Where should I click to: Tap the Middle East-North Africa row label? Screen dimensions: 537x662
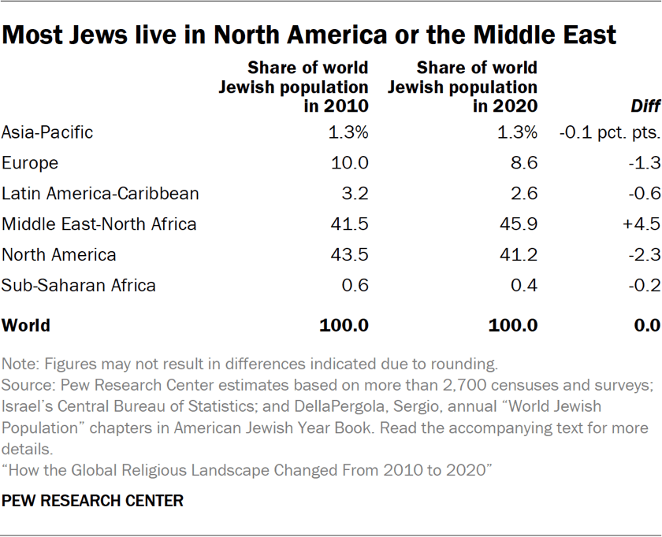[x=99, y=224]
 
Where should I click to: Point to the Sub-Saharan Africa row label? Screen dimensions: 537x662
[x=79, y=286]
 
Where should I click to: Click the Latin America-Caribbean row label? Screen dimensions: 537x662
[x=100, y=194]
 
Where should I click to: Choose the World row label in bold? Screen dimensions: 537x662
[x=26, y=325]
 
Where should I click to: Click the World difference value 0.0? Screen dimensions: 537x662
[x=646, y=325]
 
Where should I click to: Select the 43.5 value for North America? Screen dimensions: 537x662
[x=348, y=255]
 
